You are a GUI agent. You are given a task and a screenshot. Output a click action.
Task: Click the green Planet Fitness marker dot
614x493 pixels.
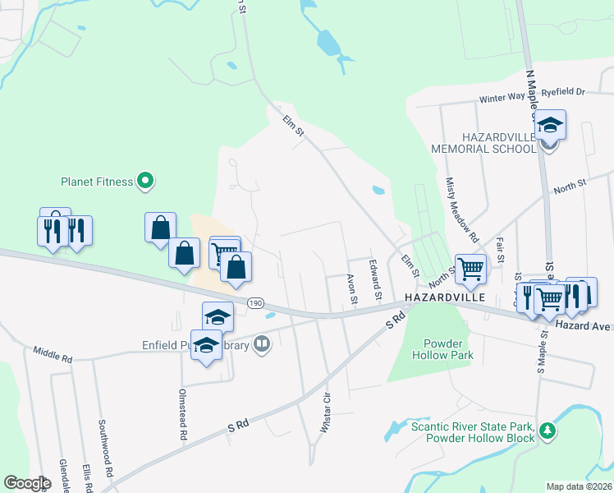point(145,181)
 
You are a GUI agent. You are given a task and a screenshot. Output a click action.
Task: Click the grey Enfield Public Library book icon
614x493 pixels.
point(262,343)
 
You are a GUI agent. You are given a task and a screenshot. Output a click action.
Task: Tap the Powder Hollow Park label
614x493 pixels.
point(448,349)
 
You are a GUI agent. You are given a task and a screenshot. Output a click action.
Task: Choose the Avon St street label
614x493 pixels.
point(352,288)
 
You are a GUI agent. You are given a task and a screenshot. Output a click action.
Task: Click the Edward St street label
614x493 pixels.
point(376,279)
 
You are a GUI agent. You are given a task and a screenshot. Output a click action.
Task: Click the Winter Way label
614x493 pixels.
point(502,99)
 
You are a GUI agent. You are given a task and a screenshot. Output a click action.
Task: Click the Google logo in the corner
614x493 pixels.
point(27,482)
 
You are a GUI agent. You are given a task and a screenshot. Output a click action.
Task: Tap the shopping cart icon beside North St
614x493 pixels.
point(470,269)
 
